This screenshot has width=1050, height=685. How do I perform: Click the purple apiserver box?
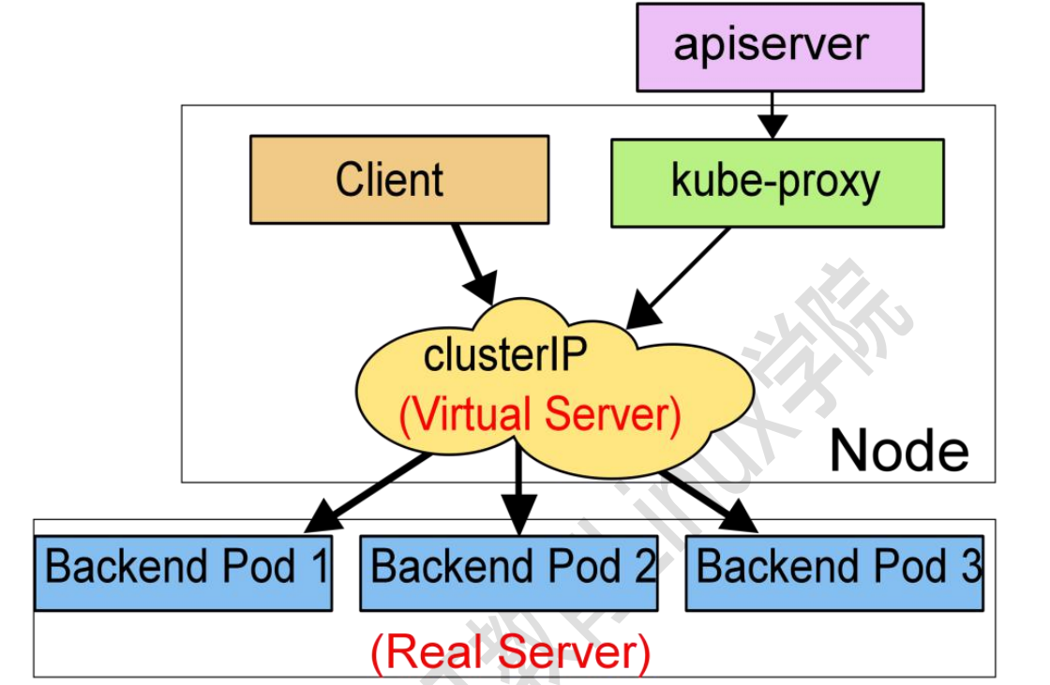point(780,46)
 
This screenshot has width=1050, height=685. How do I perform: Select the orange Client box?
point(398,180)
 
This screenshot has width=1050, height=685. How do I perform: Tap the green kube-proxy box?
point(777,183)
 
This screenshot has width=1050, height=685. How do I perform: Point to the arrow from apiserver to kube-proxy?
point(772,115)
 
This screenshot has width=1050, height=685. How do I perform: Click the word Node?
point(898,451)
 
